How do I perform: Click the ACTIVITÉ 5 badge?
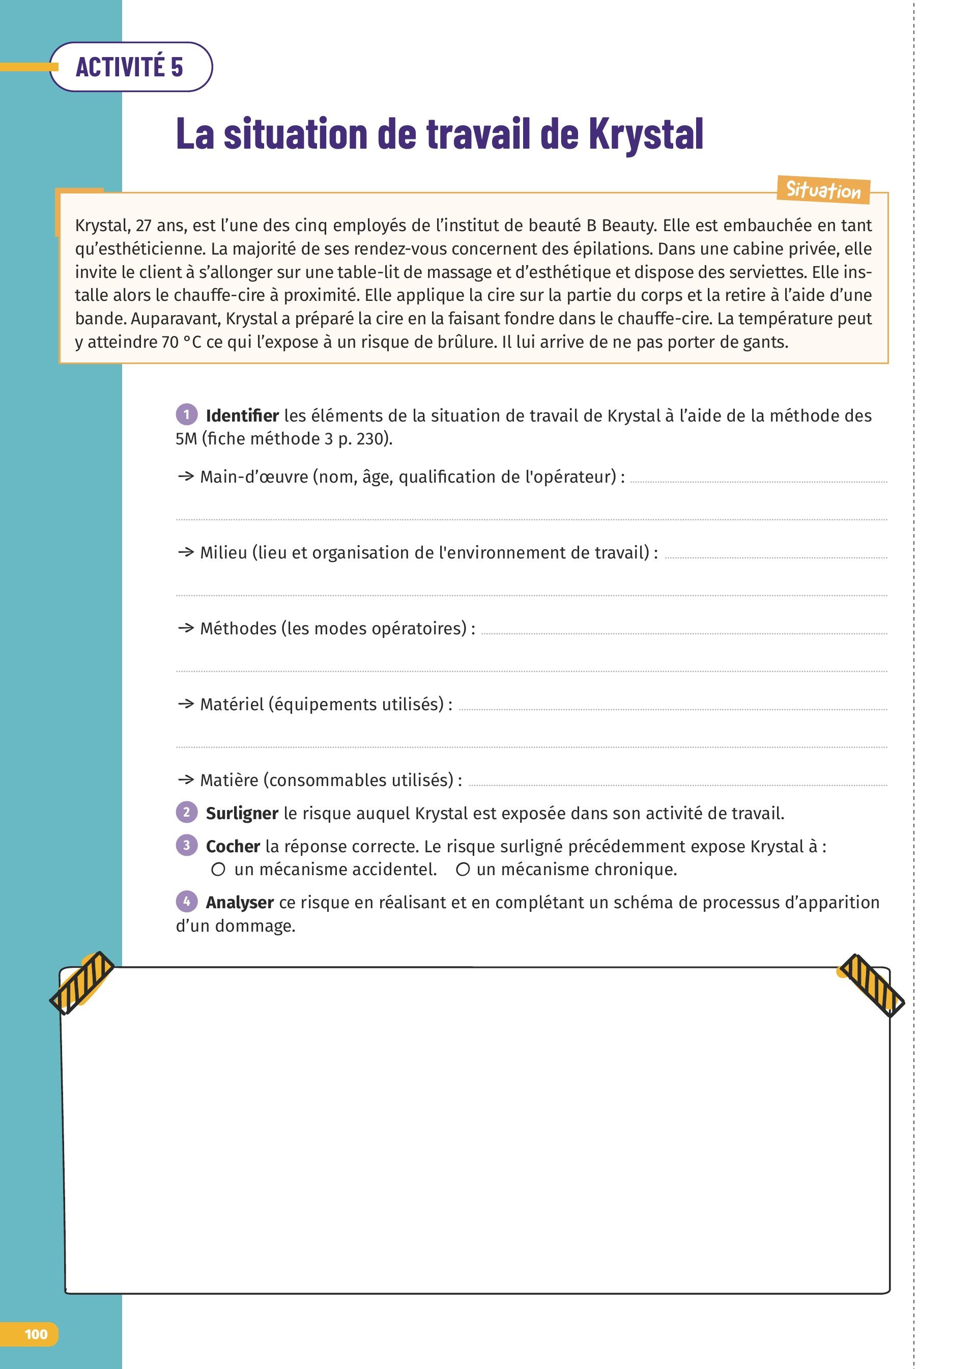pyautogui.click(x=130, y=67)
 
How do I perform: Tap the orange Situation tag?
pyautogui.click(x=823, y=189)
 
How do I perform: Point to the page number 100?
pyautogui.click(x=36, y=1334)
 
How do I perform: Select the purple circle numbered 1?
pyautogui.click(x=187, y=414)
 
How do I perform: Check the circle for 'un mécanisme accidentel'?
pyautogui.click(x=218, y=870)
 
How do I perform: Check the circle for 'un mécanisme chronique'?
pyautogui.click(x=463, y=870)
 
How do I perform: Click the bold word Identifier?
pyautogui.click(x=242, y=416)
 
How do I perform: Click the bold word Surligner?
pyautogui.click(x=242, y=814)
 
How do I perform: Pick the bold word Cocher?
pyautogui.click(x=233, y=847)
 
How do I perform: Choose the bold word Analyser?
pyautogui.click(x=240, y=903)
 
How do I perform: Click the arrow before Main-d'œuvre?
pyautogui.click(x=185, y=477)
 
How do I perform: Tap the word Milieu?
pyautogui.click(x=223, y=552)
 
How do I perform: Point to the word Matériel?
pyautogui.click(x=232, y=704)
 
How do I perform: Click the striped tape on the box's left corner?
pyautogui.click(x=82, y=982)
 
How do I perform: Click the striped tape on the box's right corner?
pyautogui.click(x=871, y=985)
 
